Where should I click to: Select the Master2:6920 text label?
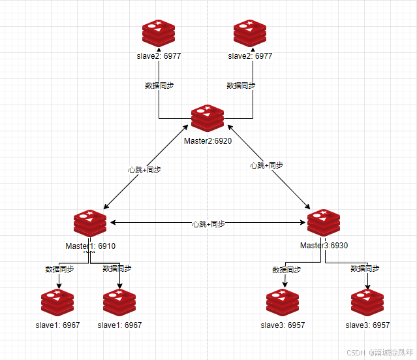pyautogui.click(x=208, y=141)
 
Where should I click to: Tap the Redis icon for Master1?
pyautogui.click(x=90, y=224)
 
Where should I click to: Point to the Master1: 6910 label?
pyautogui.click(x=90, y=246)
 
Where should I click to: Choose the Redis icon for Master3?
pyautogui.click(x=324, y=223)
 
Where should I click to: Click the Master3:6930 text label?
pyautogui.click(x=324, y=246)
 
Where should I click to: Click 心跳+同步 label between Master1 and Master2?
pyautogui.click(x=145, y=169)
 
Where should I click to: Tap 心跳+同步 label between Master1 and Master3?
pyautogui.click(x=208, y=223)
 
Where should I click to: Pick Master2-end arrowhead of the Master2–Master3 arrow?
pyautogui.click(x=228, y=128)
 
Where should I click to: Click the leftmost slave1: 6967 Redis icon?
pyautogui.click(x=57, y=303)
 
